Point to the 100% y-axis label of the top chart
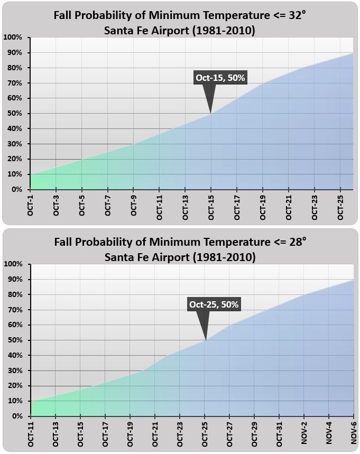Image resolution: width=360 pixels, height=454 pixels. (13, 38)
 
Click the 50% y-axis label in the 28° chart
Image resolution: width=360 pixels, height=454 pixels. (14, 340)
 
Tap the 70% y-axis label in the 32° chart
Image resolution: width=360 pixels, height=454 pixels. (14, 83)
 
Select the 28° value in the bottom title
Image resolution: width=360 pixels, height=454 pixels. (297, 242)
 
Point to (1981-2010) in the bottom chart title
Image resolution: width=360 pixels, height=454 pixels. (224, 258)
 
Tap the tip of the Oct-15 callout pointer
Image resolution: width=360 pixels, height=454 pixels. (211, 113)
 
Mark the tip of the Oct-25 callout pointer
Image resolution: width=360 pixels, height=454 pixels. (206, 339)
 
